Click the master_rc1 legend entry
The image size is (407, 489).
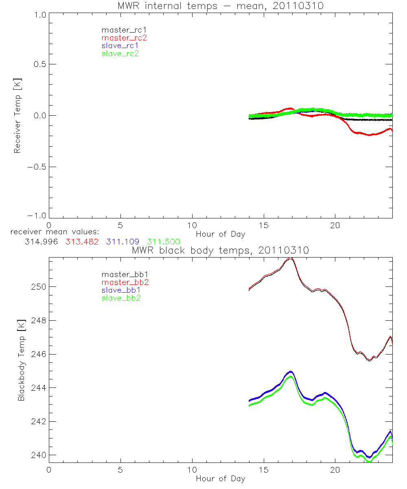[x=120, y=30]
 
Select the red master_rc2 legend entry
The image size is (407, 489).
[x=124, y=38]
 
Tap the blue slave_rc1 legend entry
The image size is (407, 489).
[x=120, y=46]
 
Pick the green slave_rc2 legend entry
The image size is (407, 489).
[x=120, y=53]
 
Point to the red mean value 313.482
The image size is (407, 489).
[x=82, y=242]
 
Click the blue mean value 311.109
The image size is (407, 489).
[x=123, y=242]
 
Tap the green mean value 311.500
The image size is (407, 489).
[x=163, y=242]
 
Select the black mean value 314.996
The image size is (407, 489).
[x=41, y=242]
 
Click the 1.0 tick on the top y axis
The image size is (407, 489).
[x=39, y=13]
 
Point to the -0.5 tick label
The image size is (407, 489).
[x=37, y=167]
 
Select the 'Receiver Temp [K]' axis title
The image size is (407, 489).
[x=17, y=115]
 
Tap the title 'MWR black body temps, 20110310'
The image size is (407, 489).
[x=220, y=251]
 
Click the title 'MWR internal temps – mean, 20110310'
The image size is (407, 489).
[x=220, y=6]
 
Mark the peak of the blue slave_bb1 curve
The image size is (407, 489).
[x=291, y=372]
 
